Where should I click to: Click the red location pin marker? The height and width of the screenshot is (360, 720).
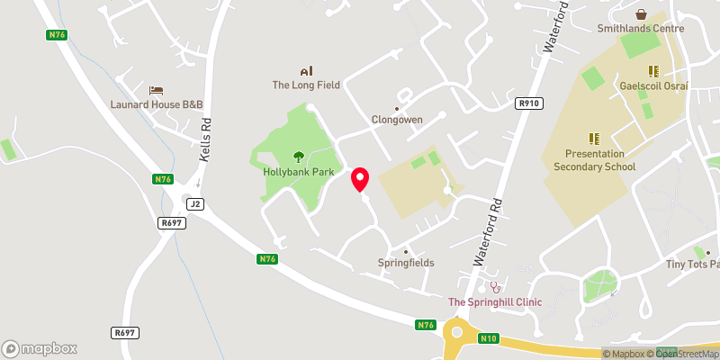(361, 178)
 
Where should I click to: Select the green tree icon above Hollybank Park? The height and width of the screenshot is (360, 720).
(299, 156)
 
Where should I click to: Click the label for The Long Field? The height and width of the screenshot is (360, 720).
(306, 85)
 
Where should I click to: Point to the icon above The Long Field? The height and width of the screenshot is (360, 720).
(306, 71)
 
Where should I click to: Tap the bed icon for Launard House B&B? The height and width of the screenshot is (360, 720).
(157, 91)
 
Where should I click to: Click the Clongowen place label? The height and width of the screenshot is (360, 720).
(397, 120)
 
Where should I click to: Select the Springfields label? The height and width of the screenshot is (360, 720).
(406, 263)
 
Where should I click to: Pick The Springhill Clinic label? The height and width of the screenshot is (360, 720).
(495, 302)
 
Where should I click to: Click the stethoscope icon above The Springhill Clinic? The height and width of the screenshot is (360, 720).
(494, 287)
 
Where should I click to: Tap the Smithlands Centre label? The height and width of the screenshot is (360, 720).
(641, 29)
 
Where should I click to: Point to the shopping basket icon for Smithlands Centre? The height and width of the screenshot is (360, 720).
(641, 14)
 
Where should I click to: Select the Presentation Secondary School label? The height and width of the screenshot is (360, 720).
(594, 159)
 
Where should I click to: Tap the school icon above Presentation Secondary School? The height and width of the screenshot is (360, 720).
(594, 138)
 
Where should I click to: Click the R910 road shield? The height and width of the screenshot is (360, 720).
(529, 104)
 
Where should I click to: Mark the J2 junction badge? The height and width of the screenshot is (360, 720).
(196, 204)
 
